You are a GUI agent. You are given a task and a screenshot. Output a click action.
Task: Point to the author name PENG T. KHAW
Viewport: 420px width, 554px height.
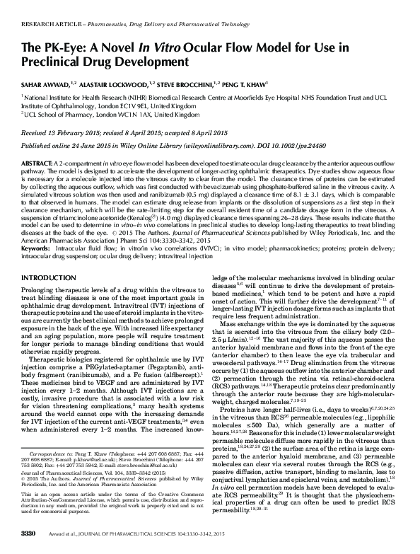click(245, 83)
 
